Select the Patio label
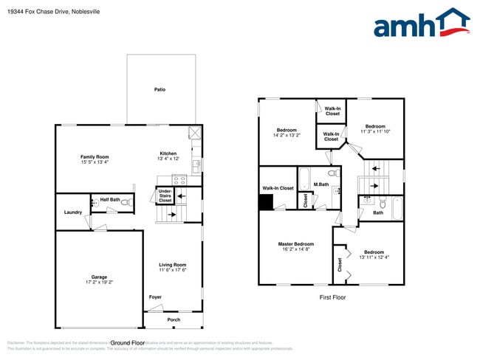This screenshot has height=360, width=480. click(160, 89)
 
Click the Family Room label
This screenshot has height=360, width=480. click(95, 156)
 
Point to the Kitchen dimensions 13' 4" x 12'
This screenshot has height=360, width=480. click(168, 159)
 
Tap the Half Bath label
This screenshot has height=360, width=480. click(109, 199)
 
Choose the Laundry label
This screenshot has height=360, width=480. click(72, 212)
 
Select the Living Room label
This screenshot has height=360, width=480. click(172, 264)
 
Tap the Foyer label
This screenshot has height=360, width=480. click(155, 297)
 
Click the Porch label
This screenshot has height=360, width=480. click(173, 319)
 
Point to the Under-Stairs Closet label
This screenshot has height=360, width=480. click(165, 195)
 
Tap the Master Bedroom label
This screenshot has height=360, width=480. click(295, 244)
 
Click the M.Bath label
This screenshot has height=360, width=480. click(320, 184)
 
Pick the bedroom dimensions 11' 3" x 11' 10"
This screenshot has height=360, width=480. click(375, 131)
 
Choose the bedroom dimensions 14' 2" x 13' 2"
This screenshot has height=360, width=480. click(287, 135)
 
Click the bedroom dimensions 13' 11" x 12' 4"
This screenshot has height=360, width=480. click(374, 257)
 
